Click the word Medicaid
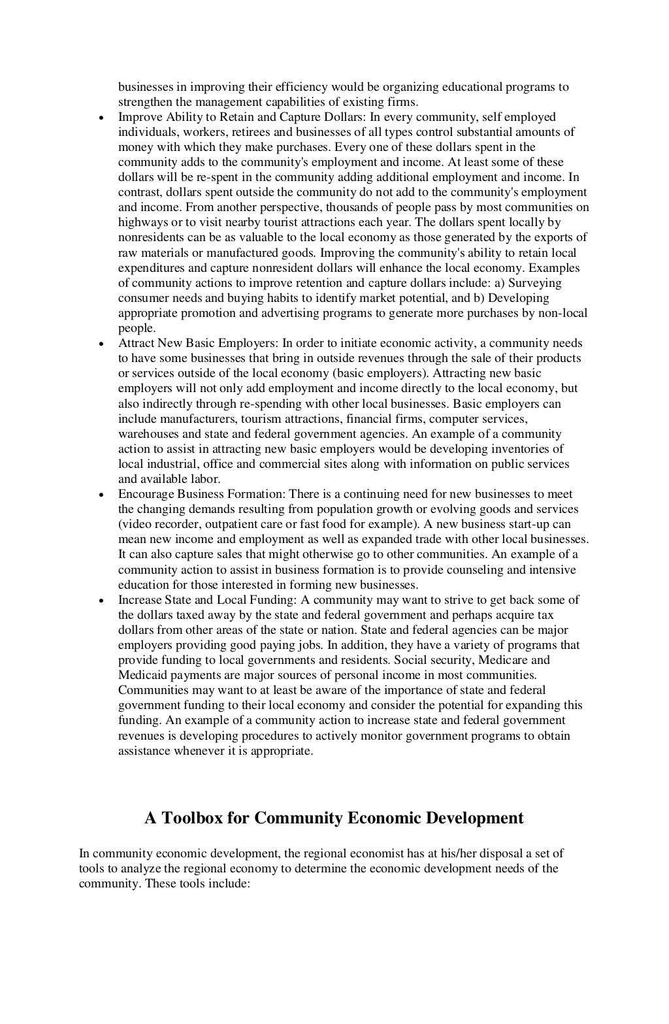click(139, 675)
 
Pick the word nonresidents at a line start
click(149, 237)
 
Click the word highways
click(142, 222)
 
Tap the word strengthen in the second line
click(144, 102)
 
